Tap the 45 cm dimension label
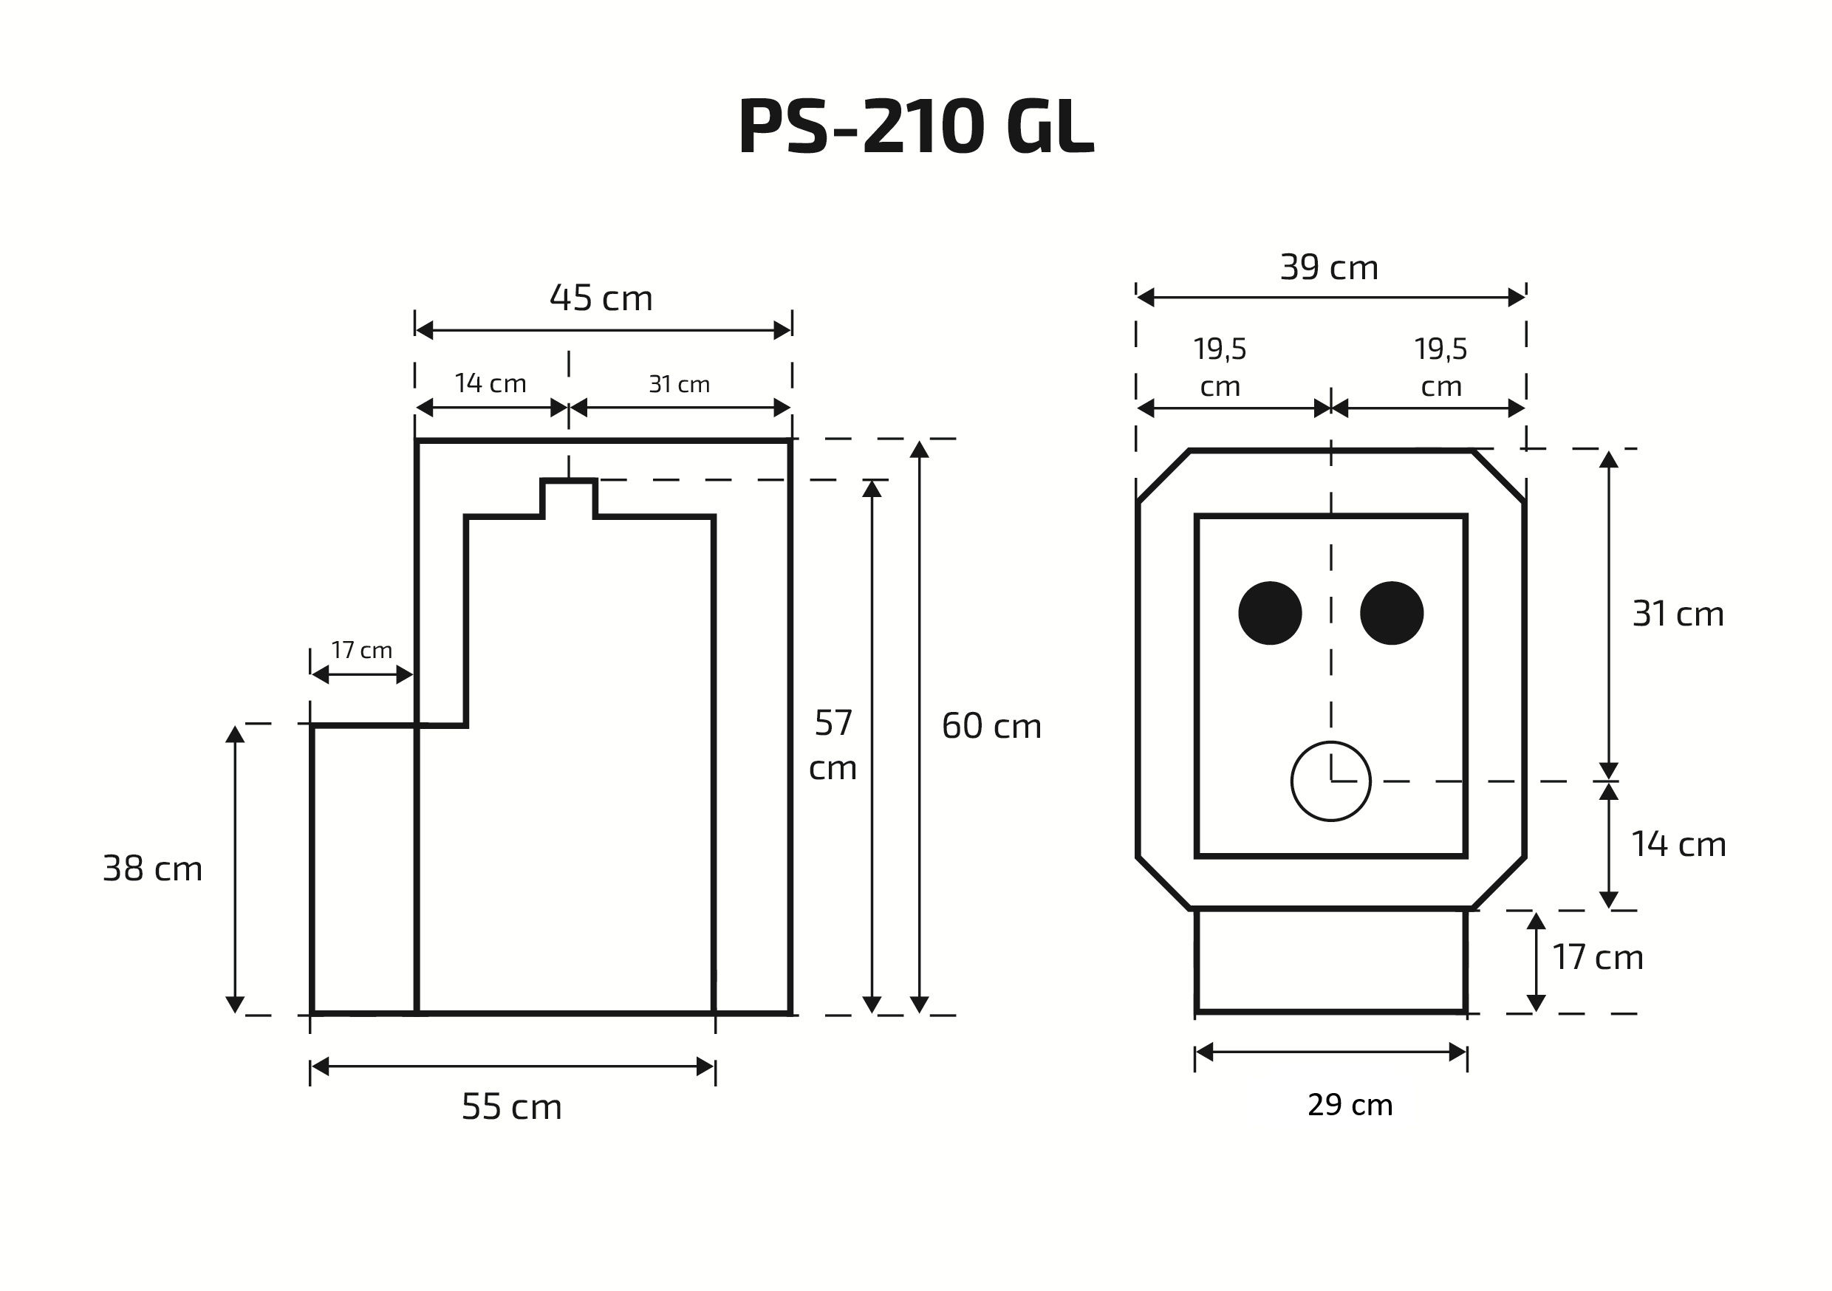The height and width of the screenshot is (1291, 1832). point(601,298)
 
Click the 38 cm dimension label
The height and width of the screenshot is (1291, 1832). point(152,869)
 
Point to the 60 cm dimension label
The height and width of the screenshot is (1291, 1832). point(991,726)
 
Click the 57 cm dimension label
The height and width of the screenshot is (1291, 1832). point(833,745)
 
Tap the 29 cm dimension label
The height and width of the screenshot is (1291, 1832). point(1350,1105)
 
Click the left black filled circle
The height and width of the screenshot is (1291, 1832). point(1270,613)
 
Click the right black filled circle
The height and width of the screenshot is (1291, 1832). point(1392,613)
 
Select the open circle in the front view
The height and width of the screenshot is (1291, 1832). point(1330,781)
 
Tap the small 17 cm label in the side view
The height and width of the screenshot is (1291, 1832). point(361,650)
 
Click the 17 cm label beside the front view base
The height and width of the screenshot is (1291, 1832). point(1597,957)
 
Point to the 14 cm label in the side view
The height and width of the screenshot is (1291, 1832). point(490,384)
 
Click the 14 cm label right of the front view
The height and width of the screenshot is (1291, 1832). point(1678,844)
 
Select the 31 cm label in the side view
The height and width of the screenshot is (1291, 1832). point(679,385)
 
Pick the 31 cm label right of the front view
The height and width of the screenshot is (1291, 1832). point(1678,614)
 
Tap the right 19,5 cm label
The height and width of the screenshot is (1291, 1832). point(1440,367)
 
